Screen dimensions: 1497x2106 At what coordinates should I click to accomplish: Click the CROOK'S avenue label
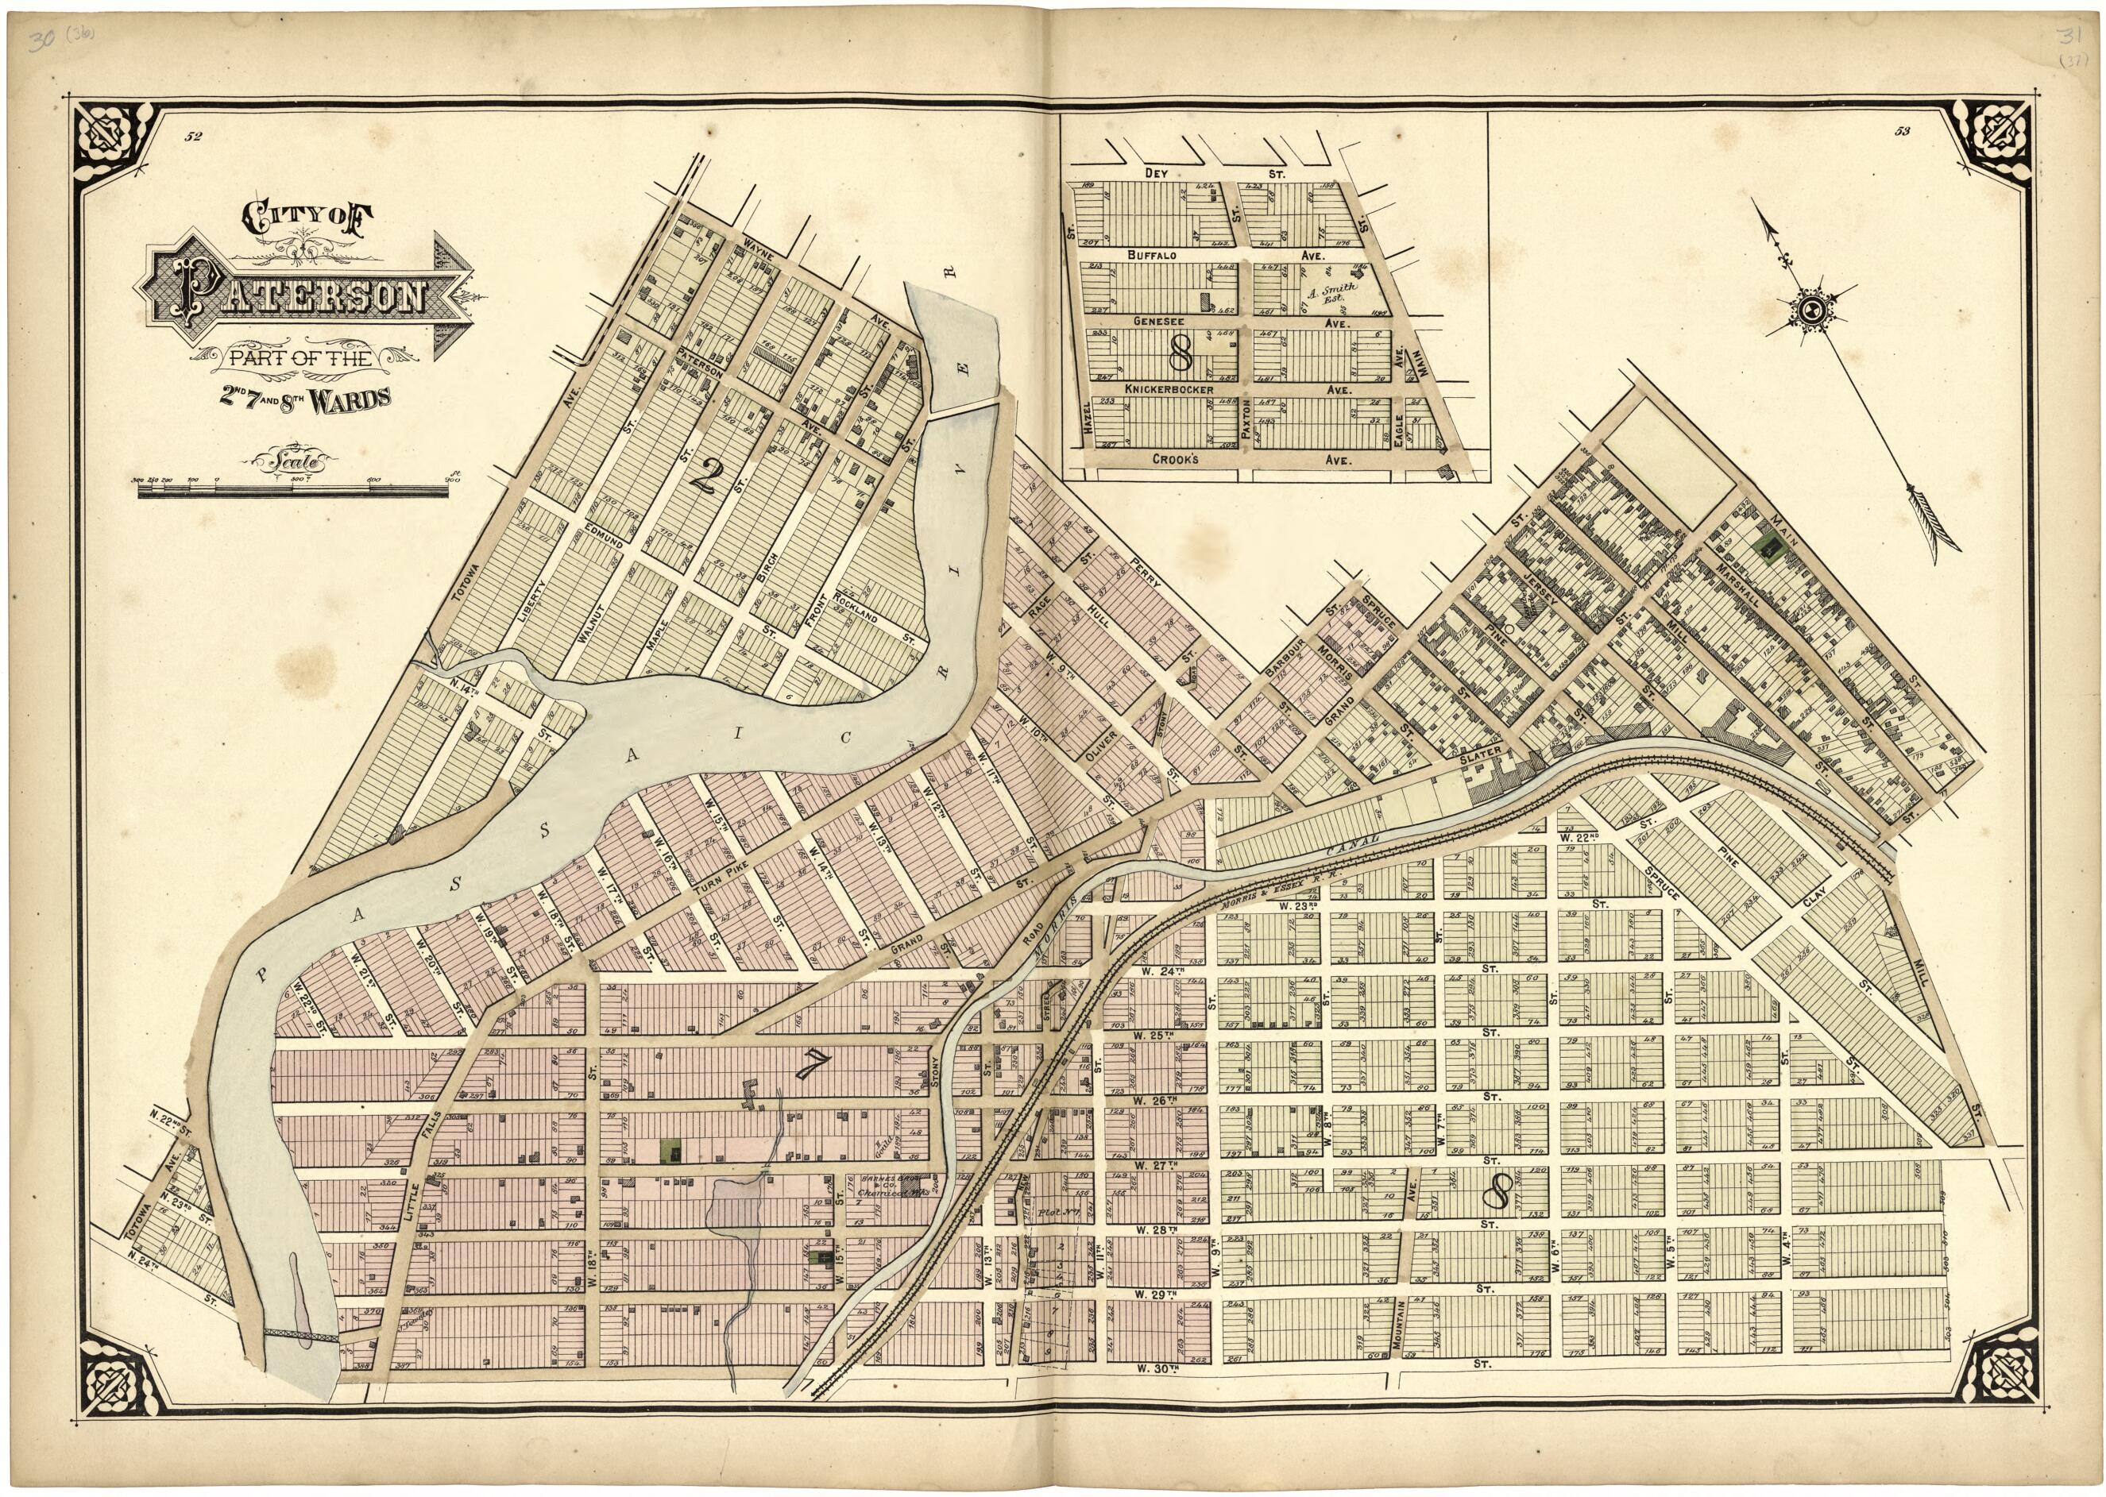(1176, 458)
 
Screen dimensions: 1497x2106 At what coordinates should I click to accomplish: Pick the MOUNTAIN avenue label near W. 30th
(1400, 1327)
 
